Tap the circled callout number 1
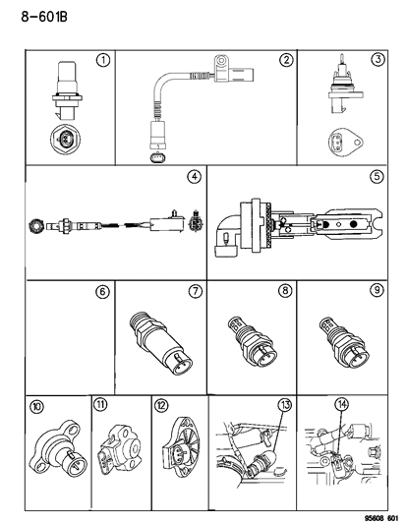pos(103,60)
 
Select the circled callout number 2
pos(285,60)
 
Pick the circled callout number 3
pos(377,60)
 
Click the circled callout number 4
pos(194,177)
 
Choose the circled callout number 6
pos(101,292)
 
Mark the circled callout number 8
pos(286,292)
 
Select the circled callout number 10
pos(38,404)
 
